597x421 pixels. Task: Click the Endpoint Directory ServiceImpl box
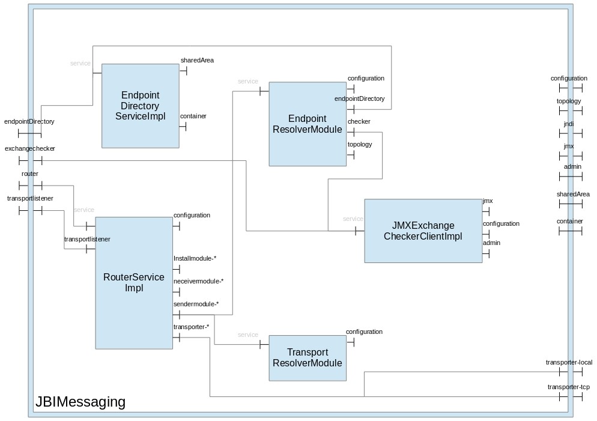(140, 106)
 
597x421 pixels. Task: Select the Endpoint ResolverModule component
(308, 124)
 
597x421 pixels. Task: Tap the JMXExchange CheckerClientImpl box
(423, 231)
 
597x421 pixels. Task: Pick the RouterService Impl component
(134, 282)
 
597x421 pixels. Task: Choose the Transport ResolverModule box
(308, 358)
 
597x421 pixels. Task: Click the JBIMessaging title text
(80, 402)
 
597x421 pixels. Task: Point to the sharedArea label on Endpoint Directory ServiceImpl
(197, 60)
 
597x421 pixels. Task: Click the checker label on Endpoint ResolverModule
(359, 122)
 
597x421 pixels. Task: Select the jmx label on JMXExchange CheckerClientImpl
(488, 201)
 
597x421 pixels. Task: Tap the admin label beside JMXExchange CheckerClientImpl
(491, 243)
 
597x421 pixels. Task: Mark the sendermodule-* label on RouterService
(196, 304)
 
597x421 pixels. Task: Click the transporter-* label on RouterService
(191, 327)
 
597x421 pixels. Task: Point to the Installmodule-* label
(195, 258)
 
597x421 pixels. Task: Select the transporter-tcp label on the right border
(568, 387)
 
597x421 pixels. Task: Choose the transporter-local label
(569, 362)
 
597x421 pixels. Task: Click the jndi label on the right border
(569, 124)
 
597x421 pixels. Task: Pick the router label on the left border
(30, 174)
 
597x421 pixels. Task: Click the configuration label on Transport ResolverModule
(364, 332)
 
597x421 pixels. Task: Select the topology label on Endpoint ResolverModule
(360, 144)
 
